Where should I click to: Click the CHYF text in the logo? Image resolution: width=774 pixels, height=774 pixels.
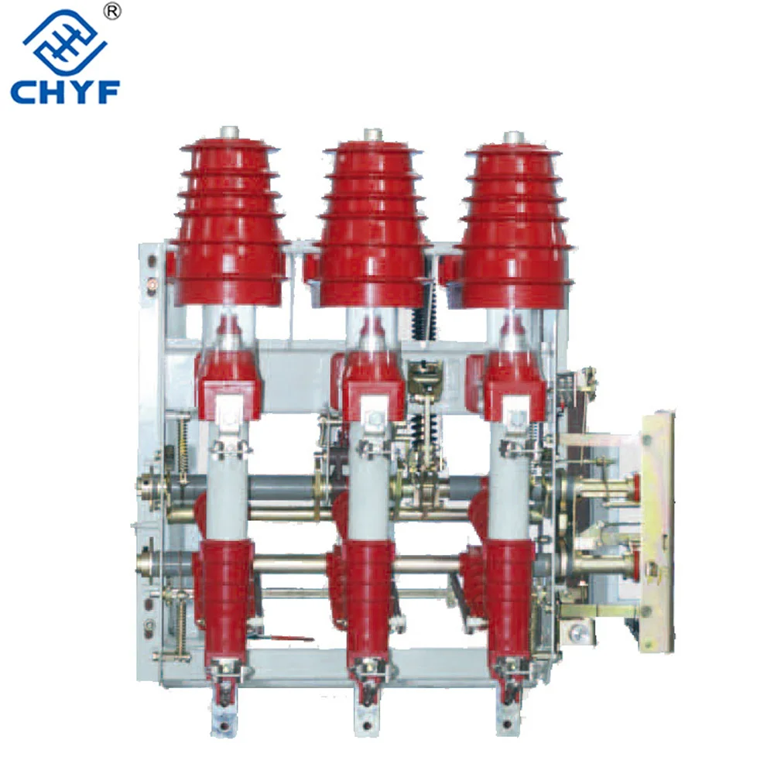pos(65,91)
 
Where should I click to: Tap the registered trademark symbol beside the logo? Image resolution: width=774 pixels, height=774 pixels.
pos(112,12)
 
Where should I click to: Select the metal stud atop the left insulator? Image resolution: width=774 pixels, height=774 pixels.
pos(228,132)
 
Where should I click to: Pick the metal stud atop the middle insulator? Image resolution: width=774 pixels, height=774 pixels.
pos(372,136)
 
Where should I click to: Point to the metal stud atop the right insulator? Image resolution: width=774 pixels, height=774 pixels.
pos(512,139)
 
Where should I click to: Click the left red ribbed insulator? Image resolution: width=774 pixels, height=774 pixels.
pos(228,224)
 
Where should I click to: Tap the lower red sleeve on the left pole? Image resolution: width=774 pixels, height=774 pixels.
pos(226,596)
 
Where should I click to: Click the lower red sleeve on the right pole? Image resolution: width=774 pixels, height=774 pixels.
pos(509,596)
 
